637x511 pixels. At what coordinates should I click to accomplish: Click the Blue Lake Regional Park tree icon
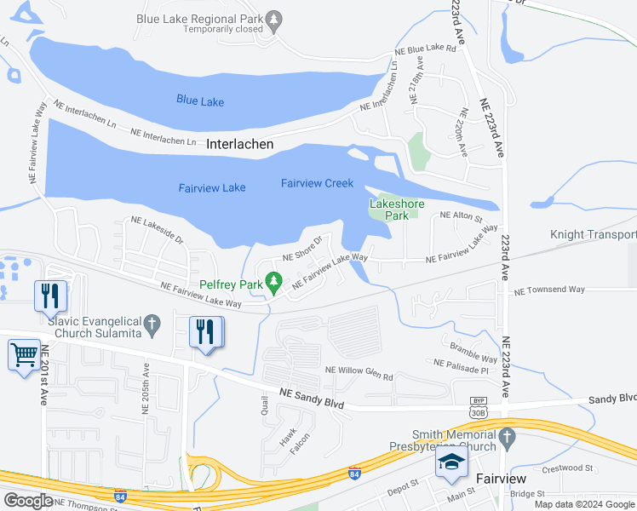pyautogui.click(x=273, y=18)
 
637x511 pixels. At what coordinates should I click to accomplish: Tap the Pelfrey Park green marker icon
pyautogui.click(x=273, y=279)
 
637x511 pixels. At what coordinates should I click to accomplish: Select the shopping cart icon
pyautogui.click(x=24, y=353)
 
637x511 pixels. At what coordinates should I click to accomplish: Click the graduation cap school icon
pyautogui.click(x=452, y=462)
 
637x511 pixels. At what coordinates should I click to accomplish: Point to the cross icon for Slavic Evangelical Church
pyautogui.click(x=152, y=323)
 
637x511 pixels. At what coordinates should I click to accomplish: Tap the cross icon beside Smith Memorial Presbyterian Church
pyautogui.click(x=508, y=439)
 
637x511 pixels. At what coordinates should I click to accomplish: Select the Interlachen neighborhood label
pyautogui.click(x=240, y=145)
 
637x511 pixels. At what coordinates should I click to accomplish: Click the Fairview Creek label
pyautogui.click(x=317, y=183)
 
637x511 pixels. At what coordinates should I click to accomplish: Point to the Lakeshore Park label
pyautogui.click(x=397, y=210)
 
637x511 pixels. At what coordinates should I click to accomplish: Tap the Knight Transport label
pyautogui.click(x=593, y=234)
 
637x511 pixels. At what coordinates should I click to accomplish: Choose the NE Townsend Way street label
pyautogui.click(x=549, y=290)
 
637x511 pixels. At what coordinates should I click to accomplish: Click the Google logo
pyautogui.click(x=28, y=501)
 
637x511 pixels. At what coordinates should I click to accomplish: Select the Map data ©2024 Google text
pyautogui.click(x=583, y=504)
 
